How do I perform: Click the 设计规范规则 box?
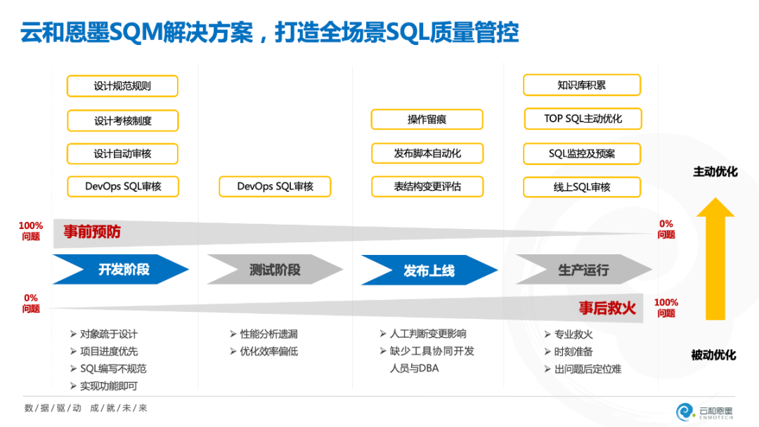coord(122,86)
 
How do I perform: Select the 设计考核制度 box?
coord(123,121)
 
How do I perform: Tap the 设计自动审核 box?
coord(123,154)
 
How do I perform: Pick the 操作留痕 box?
coord(427,119)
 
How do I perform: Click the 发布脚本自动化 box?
coord(427,153)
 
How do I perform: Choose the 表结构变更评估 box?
coord(427,187)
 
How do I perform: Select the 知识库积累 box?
coord(581,86)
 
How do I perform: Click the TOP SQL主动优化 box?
coord(583,119)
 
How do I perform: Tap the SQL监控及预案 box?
coord(582,153)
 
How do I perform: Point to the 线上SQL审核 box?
coord(582,188)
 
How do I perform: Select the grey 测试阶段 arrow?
coord(275,270)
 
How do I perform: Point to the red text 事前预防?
coord(92,232)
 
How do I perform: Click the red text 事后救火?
coord(607,308)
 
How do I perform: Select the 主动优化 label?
coord(715,171)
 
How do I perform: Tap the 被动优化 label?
coord(714,355)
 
